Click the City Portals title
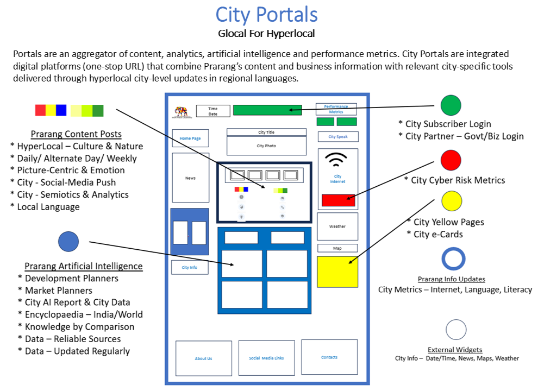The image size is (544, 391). (266, 14)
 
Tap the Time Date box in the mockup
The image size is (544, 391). (213, 110)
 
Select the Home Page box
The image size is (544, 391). (190, 138)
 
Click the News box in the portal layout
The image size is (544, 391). (190, 178)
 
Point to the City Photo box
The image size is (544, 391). (266, 146)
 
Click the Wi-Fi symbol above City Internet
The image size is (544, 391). (337, 159)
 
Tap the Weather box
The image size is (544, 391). (337, 226)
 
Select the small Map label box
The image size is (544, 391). (337, 248)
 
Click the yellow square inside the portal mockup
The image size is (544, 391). (337, 272)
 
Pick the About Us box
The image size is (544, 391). (203, 358)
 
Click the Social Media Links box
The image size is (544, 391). (266, 358)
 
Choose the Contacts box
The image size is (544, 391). (329, 357)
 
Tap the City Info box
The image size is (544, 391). (190, 267)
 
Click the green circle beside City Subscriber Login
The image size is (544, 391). (451, 105)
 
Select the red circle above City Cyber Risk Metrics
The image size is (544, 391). (451, 160)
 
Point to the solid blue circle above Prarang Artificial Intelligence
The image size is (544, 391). (68, 242)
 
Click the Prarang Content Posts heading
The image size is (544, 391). (76, 134)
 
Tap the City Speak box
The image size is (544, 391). (337, 137)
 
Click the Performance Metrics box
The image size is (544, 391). (336, 109)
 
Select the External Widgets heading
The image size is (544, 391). (455, 350)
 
